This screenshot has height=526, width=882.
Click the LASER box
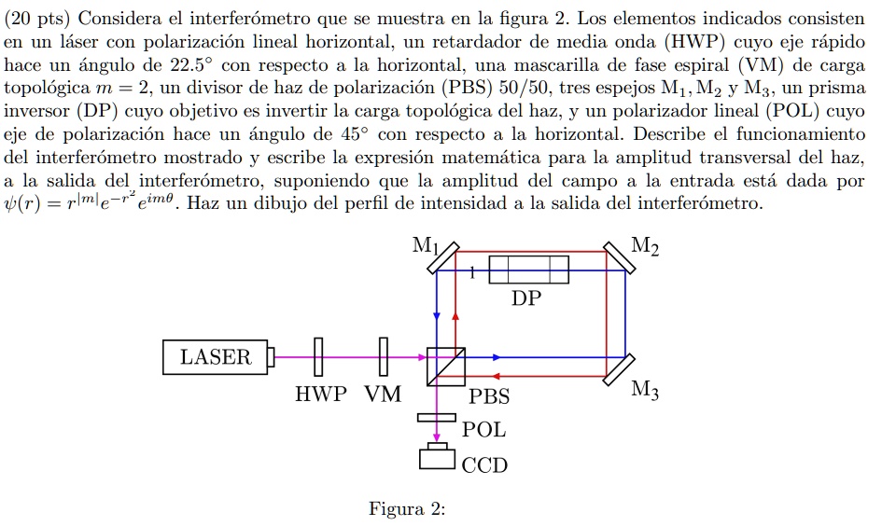[x=216, y=356]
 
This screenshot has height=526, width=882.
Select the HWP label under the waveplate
[x=318, y=394]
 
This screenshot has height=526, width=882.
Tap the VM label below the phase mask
[x=383, y=394]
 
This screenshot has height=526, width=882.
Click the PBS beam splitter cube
[x=444, y=366]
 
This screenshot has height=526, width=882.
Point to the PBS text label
[x=489, y=396]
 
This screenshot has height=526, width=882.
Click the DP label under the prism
[x=525, y=298]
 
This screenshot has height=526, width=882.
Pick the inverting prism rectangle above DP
[x=528, y=270]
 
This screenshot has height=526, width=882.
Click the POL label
[x=484, y=430]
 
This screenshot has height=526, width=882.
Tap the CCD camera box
[x=435, y=459]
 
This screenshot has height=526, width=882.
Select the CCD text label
[x=485, y=464]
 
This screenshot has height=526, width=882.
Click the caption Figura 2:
[x=407, y=509]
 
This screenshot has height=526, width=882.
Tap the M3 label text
[x=644, y=393]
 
